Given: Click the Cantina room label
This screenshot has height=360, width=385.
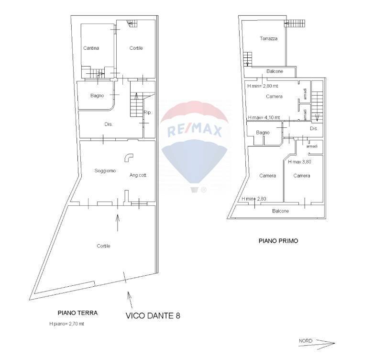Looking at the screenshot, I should click(x=91, y=48).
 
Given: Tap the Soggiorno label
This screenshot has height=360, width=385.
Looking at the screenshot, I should click(x=105, y=171).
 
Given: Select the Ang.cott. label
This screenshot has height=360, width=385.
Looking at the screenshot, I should click(x=138, y=175).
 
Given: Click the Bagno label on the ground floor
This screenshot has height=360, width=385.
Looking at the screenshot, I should click(x=97, y=96).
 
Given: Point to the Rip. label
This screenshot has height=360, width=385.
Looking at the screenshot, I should click(x=148, y=112).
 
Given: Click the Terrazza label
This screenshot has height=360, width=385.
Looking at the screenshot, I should click(x=268, y=39).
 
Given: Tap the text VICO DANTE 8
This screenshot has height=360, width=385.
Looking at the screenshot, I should click(x=153, y=315).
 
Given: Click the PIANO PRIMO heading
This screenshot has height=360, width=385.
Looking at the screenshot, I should click(x=278, y=241).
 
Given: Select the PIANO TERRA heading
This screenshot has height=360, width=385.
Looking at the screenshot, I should click(x=78, y=313).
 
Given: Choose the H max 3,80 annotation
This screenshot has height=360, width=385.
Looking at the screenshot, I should click(x=299, y=162).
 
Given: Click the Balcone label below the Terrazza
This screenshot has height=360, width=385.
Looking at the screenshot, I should click(x=275, y=71).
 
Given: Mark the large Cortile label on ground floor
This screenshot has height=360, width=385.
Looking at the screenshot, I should click(x=103, y=246).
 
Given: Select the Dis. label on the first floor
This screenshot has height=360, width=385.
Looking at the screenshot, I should click(x=314, y=129).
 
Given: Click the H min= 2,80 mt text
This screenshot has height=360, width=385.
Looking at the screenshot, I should click(x=263, y=86).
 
